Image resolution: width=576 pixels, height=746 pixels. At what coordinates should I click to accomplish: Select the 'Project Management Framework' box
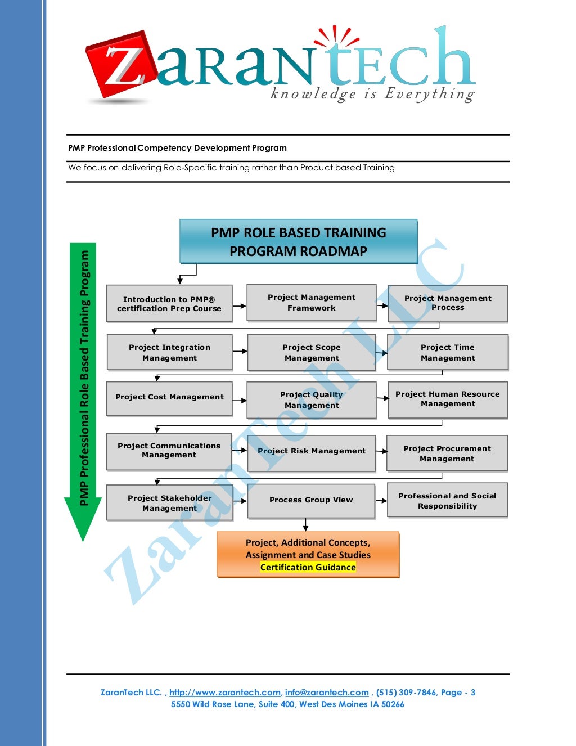[x=311, y=303]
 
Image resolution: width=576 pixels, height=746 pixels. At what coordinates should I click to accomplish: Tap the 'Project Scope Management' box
[x=311, y=353]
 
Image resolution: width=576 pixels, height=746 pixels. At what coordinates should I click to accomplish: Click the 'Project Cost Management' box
[x=169, y=397]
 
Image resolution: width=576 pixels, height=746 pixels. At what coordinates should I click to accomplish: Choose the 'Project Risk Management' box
[x=311, y=451]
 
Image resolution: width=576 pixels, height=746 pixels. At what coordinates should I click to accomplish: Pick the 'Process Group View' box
[x=311, y=500]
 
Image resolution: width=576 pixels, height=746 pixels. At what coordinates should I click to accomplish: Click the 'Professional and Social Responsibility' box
[x=447, y=501]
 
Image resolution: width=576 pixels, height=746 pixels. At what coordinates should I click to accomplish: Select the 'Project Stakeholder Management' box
[x=169, y=503]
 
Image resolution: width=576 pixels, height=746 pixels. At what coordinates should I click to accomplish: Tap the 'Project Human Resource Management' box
[x=447, y=399]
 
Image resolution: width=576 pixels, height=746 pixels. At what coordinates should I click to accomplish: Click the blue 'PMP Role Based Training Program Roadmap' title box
[x=298, y=242]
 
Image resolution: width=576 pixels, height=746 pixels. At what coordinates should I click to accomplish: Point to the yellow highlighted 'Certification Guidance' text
[x=308, y=568]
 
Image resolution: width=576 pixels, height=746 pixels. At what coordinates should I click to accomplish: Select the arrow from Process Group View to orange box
[x=305, y=524]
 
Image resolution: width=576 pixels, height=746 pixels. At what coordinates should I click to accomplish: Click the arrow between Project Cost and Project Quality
[x=240, y=401]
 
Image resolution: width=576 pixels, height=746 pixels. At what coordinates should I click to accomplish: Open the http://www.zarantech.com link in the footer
[x=224, y=693]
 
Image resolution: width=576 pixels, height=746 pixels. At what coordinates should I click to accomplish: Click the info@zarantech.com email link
[x=327, y=693]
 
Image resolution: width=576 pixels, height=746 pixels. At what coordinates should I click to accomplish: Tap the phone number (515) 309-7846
[x=406, y=693]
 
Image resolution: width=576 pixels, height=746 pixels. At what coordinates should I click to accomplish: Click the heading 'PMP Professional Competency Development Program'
[x=177, y=148]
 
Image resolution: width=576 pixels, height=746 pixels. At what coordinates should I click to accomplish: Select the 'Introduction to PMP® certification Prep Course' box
[x=169, y=304]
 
